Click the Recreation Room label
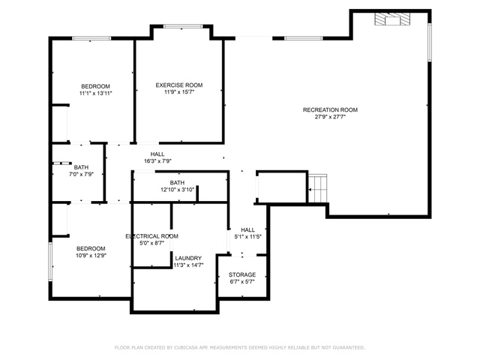tap(330, 109)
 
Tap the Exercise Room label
tap(179, 85)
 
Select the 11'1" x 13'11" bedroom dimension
tap(96, 93)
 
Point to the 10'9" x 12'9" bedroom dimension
tap(91, 255)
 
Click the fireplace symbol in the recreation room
tap(392, 19)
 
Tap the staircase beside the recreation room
tap(317, 188)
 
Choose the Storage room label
tap(242, 274)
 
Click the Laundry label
tap(188, 258)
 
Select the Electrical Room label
tap(151, 236)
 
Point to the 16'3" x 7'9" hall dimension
tap(157, 161)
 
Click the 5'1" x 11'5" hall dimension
tap(248, 236)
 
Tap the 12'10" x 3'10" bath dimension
tap(177, 190)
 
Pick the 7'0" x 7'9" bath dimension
tap(81, 174)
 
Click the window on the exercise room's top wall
tap(183, 26)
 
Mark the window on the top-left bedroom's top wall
tap(91, 38)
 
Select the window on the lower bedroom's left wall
tap(50, 262)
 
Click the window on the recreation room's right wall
tap(430, 43)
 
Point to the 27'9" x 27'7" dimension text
tap(330, 117)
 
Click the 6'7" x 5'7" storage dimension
tap(242, 282)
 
